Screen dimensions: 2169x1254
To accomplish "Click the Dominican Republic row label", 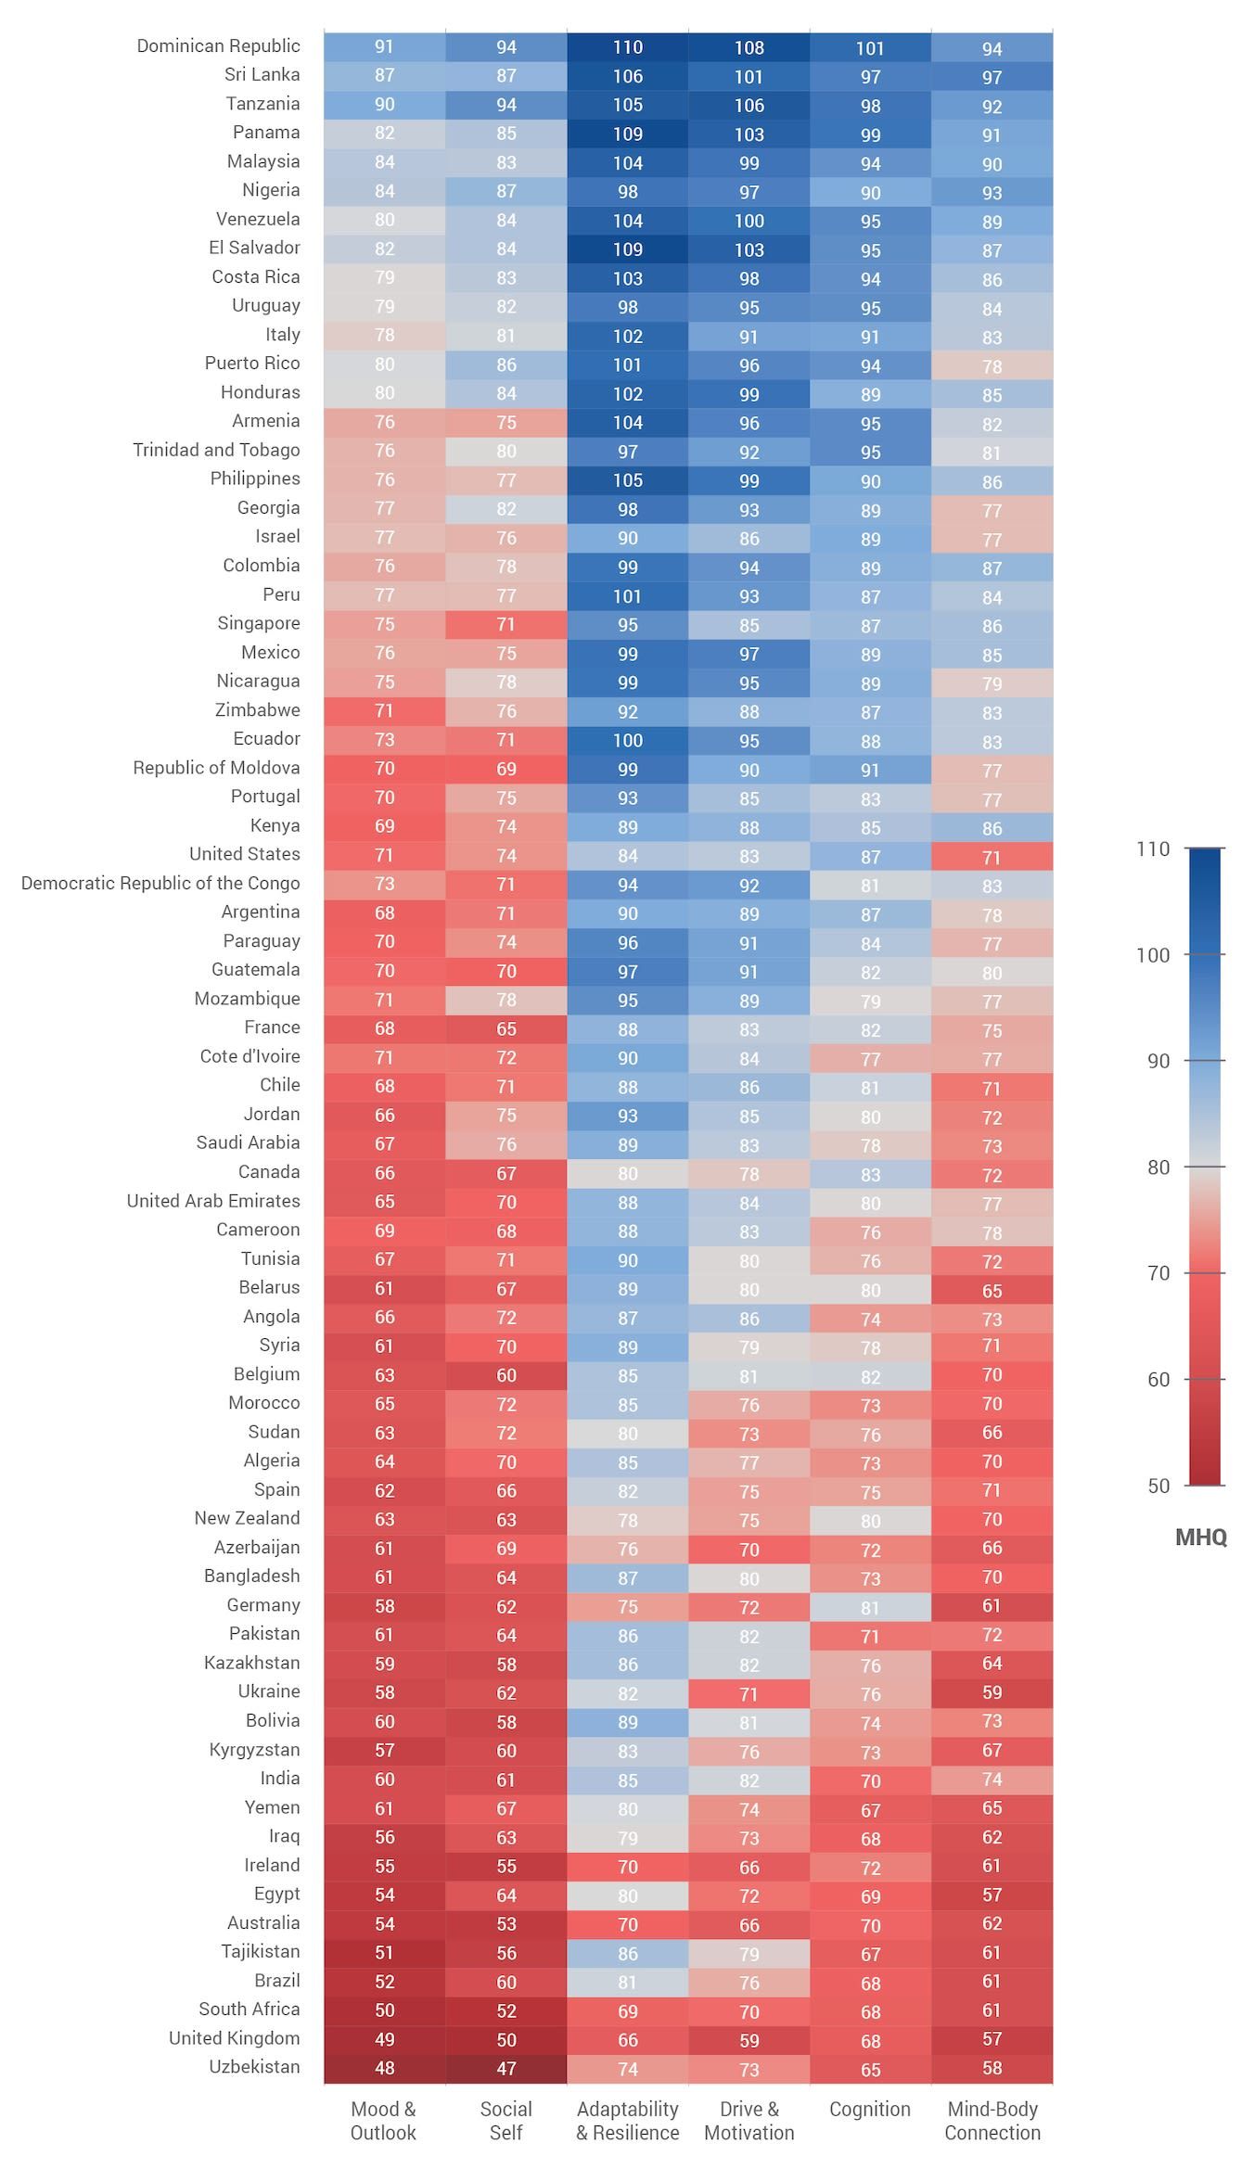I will (218, 46).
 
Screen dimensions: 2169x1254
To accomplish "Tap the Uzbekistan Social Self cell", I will (506, 2068).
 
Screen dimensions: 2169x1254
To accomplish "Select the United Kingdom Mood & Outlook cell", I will (384, 2039).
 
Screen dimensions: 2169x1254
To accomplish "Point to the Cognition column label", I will (870, 2109).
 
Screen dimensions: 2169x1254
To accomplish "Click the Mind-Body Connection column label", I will (992, 2120).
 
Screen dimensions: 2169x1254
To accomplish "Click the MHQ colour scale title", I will (1200, 1537).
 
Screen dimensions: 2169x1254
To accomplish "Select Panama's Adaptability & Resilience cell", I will (628, 134).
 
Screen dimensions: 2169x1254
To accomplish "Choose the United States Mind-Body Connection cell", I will (992, 857).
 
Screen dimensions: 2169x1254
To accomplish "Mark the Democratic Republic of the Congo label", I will (160, 883).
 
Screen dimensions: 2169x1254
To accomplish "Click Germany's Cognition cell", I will (870, 1607).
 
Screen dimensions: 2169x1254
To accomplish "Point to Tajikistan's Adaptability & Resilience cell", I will (628, 1953).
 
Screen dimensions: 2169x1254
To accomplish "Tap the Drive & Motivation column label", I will (749, 2120).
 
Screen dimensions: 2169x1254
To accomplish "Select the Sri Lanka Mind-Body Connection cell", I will (992, 77).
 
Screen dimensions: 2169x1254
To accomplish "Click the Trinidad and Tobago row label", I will (216, 451).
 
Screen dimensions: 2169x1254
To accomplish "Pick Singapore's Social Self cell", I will (506, 624).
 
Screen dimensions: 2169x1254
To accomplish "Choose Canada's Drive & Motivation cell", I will (749, 1174).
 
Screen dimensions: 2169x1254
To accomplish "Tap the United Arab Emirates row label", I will (213, 1201).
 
